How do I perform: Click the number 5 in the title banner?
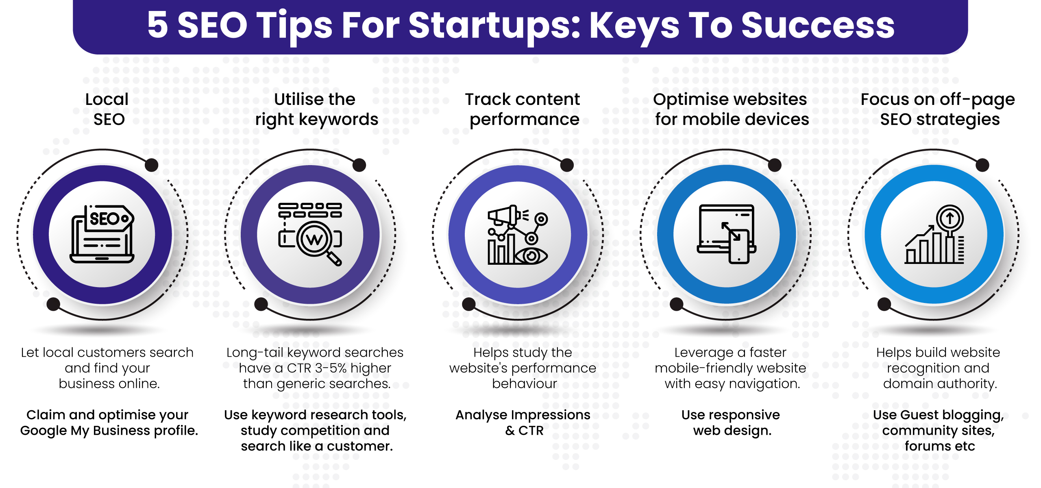158,25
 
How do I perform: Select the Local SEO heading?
108,109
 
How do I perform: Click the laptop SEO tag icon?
102,234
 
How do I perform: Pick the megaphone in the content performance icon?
506,215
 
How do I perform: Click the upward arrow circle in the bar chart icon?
950,218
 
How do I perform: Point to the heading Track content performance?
523,109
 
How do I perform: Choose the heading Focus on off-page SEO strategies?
938,109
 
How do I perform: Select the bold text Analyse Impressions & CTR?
523,423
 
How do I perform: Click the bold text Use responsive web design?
731,423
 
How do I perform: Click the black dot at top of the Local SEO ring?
152,165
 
